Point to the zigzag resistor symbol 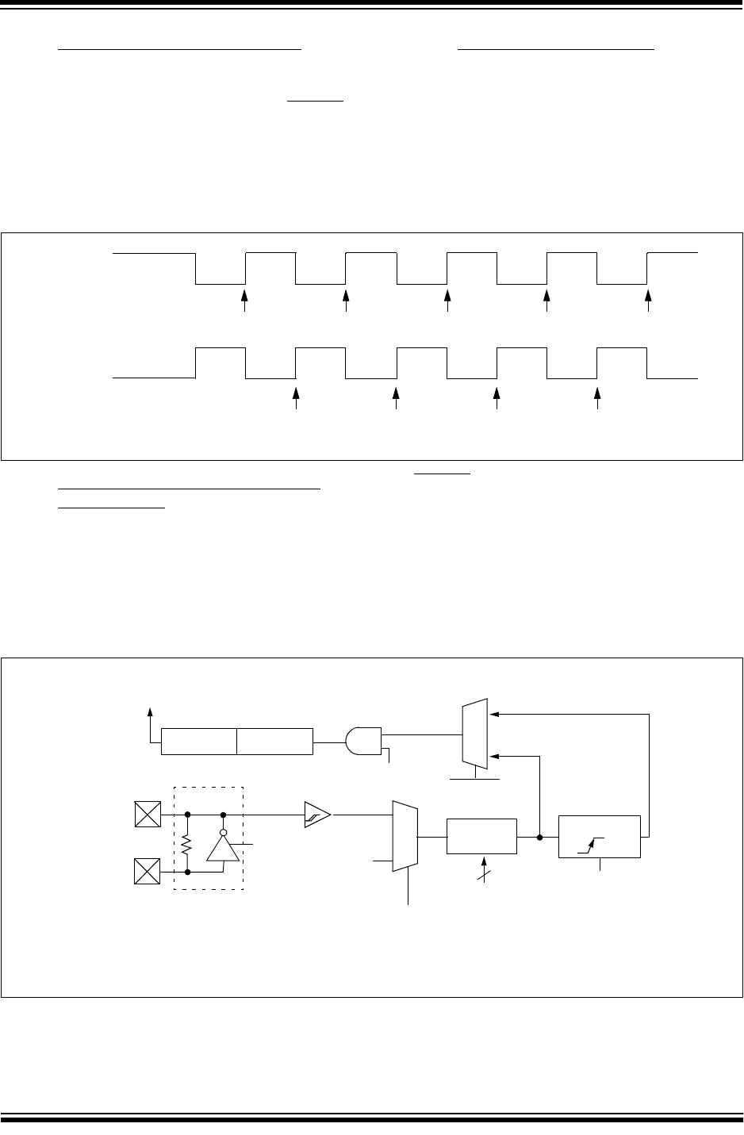pyautogui.click(x=187, y=846)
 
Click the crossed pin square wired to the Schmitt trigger pyautogui.click(x=148, y=814)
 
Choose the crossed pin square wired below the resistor pyautogui.click(x=148, y=872)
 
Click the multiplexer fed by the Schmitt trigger pyautogui.click(x=405, y=836)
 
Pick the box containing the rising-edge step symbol pyautogui.click(x=599, y=836)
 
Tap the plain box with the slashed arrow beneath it pyautogui.click(x=481, y=836)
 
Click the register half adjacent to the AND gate pyautogui.click(x=274, y=741)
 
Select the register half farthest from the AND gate pyautogui.click(x=199, y=741)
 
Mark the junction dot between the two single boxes pyautogui.click(x=539, y=836)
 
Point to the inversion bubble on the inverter pyautogui.click(x=223, y=833)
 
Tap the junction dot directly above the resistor pyautogui.click(x=187, y=814)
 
